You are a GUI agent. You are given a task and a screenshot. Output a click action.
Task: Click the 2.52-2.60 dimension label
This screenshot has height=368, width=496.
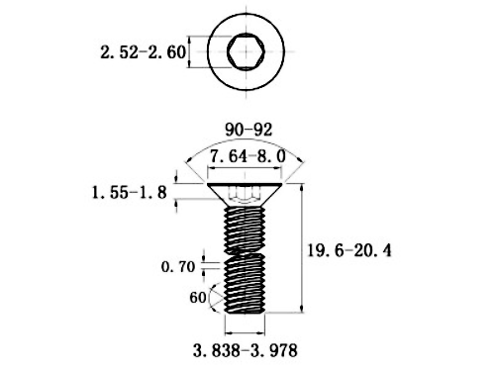tap(144, 52)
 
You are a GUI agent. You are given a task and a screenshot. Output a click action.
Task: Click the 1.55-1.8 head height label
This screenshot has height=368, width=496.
tap(133, 192)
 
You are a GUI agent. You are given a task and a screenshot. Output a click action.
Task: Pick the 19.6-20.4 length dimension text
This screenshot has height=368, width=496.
tap(351, 251)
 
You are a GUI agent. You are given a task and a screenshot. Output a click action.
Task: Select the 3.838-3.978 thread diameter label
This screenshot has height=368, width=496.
tap(244, 350)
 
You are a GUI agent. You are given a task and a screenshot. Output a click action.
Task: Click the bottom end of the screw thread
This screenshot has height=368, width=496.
tap(245, 311)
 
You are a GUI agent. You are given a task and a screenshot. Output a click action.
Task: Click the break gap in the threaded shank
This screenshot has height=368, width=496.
tap(245, 252)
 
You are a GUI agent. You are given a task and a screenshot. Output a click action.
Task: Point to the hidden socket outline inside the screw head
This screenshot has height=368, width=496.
tap(245, 198)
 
